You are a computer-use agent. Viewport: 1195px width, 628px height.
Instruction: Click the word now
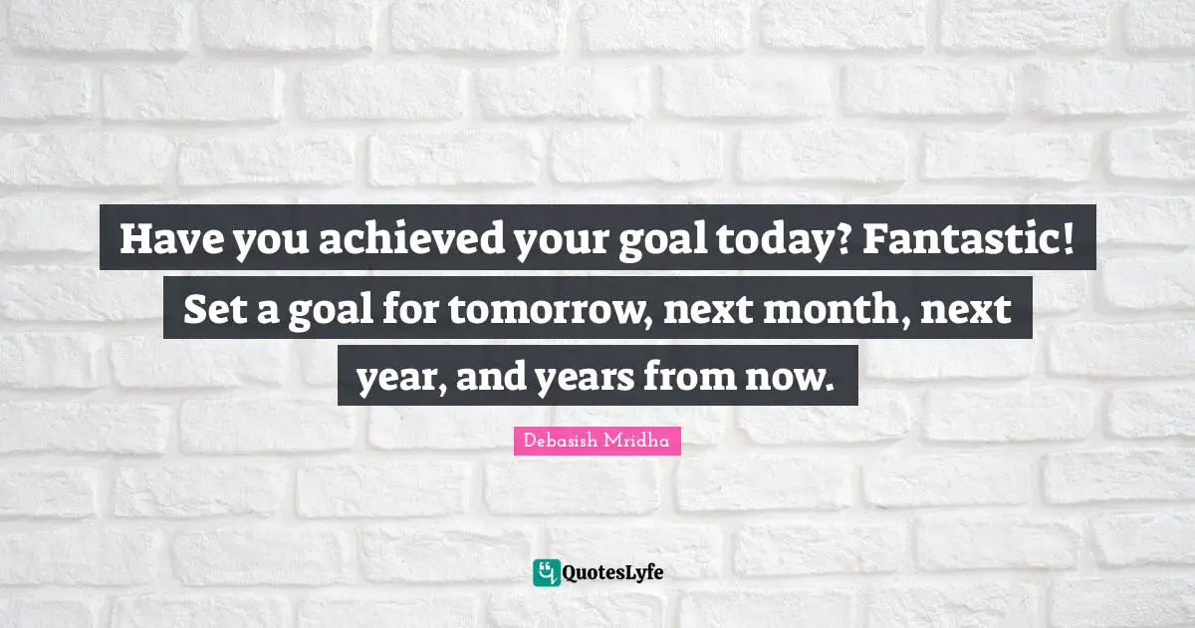pyautogui.click(x=793, y=377)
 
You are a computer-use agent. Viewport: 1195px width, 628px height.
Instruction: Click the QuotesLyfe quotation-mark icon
pyautogui.click(x=546, y=572)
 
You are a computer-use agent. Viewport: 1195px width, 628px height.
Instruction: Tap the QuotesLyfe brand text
pyautogui.click(x=613, y=573)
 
